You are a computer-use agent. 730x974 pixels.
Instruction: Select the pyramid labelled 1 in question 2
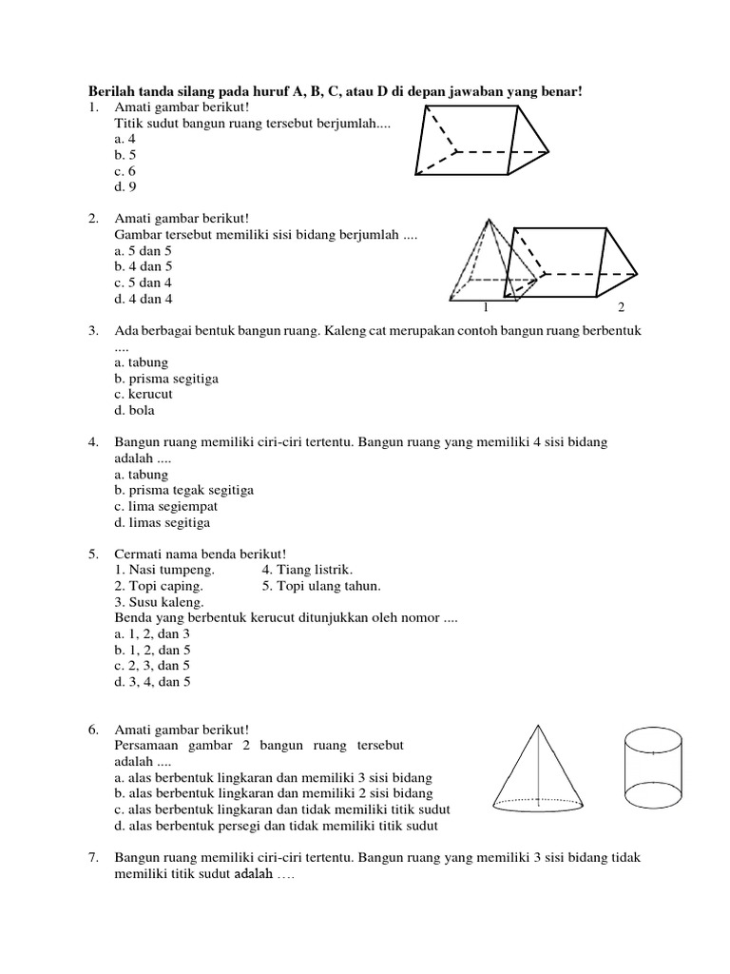coord(489,262)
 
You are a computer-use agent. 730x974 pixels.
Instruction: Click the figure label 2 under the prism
coord(621,308)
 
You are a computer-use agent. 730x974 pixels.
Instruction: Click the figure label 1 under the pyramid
coord(485,308)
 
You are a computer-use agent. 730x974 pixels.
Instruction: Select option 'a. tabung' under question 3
coord(141,362)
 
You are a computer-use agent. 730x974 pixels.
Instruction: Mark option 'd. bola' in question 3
coord(134,411)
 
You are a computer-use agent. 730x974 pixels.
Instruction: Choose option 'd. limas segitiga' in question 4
coord(163,522)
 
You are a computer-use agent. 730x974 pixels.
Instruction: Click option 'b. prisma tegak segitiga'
coord(183,490)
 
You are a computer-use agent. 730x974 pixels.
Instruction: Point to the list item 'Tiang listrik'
coord(300,570)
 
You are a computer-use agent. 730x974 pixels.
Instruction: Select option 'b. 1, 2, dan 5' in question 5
coord(152,650)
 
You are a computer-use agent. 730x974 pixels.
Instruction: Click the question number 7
coord(93,857)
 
